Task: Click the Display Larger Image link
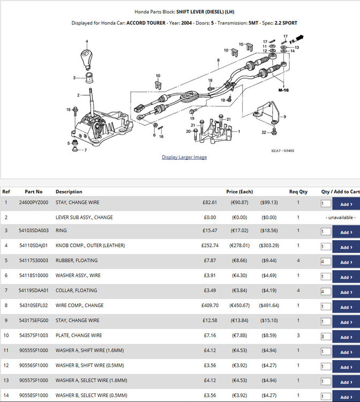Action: [184, 157]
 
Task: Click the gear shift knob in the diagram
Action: [86, 59]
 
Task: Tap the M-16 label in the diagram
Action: [283, 90]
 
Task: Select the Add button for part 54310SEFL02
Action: [346, 307]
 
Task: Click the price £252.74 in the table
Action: [210, 245]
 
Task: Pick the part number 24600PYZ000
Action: [34, 202]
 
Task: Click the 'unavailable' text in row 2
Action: [341, 218]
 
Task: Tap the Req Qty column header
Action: [298, 191]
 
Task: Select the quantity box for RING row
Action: [326, 232]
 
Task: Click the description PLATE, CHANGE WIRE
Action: [79, 336]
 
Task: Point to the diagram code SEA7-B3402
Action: [283, 151]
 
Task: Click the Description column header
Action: [69, 191]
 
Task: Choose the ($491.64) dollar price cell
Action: [269, 306]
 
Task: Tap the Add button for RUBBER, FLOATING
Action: [346, 262]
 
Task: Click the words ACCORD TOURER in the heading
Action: [146, 23]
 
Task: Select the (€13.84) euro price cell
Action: [239, 320]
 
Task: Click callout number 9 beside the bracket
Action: [284, 117]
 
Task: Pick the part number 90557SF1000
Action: [34, 380]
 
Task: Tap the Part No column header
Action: [34, 191]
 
